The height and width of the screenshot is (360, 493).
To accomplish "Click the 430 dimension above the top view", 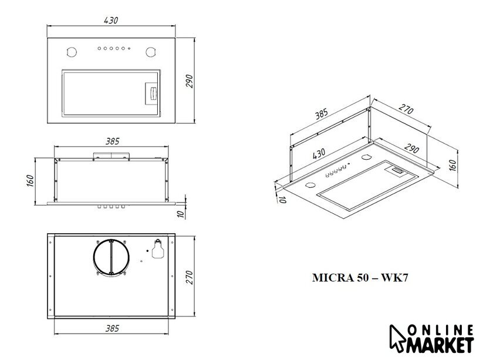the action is [111, 21].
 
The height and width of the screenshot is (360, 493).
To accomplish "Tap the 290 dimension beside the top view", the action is [189, 81].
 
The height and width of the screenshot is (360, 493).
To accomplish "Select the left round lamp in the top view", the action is [72, 52].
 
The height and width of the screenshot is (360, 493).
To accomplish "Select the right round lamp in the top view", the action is [151, 52].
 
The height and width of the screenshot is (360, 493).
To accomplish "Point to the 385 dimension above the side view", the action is [112, 142].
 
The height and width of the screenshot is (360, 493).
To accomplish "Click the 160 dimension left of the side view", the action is [30, 181].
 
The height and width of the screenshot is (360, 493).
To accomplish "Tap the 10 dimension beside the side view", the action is [181, 214].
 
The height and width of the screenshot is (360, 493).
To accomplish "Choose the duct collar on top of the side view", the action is [112, 156].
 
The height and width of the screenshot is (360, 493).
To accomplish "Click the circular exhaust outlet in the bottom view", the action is [94, 257].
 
